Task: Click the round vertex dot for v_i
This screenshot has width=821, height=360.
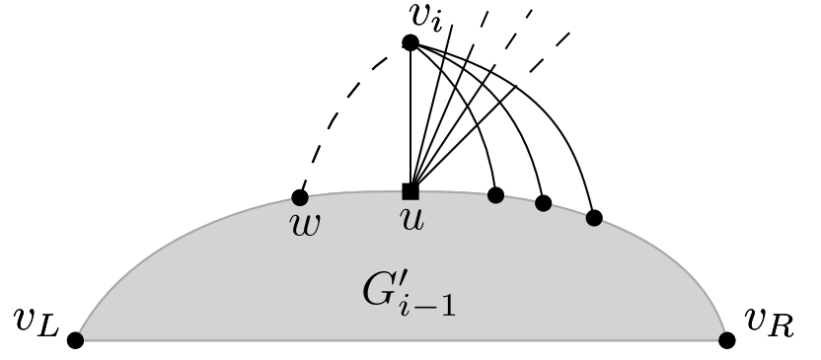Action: click(410, 42)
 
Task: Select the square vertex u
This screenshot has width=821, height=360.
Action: click(410, 191)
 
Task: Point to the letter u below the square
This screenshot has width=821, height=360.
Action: click(412, 220)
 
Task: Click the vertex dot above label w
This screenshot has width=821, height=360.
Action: click(300, 197)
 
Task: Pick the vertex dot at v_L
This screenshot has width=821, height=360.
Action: click(75, 340)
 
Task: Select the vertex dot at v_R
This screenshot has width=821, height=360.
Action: click(727, 340)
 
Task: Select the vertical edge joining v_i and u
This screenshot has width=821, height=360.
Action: click(410, 118)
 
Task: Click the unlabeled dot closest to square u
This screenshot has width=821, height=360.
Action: click(496, 195)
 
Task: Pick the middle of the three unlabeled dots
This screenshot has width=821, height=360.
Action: click(543, 203)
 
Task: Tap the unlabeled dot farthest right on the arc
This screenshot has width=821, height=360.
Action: click(593, 218)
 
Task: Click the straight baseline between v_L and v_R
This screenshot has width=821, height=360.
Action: click(395, 340)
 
